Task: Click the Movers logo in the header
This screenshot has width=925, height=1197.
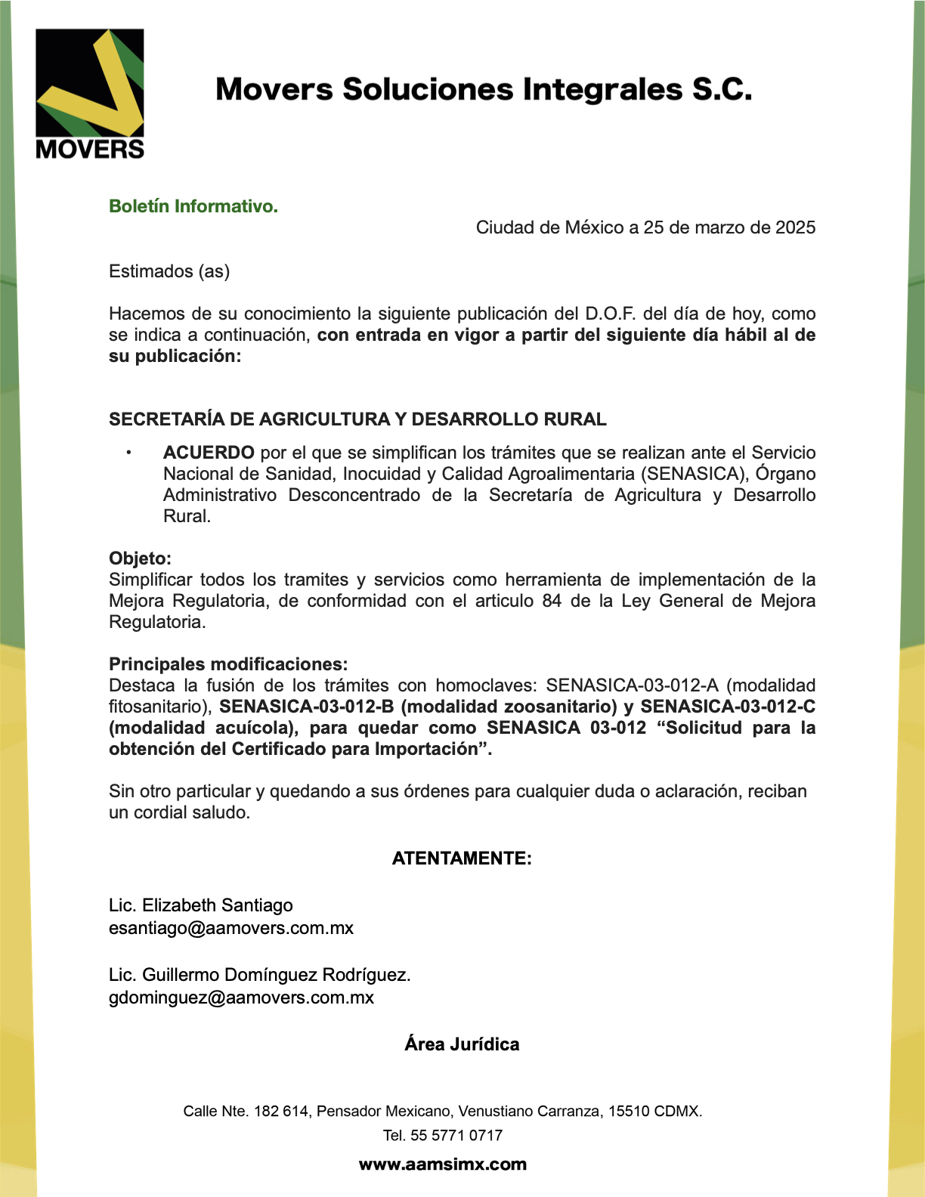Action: click(x=89, y=94)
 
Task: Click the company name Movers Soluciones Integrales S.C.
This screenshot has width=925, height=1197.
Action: click(x=484, y=89)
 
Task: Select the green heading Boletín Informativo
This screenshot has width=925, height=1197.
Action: click(x=193, y=206)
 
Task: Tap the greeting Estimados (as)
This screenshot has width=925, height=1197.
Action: click(x=169, y=271)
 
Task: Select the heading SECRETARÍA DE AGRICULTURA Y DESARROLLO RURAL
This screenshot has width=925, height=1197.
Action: click(x=357, y=419)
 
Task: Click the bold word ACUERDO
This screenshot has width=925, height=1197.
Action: click(x=209, y=453)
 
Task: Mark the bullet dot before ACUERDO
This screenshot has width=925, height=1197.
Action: click(x=128, y=453)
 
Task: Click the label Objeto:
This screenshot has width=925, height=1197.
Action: click(x=140, y=558)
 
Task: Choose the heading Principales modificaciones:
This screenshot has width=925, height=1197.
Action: click(x=228, y=664)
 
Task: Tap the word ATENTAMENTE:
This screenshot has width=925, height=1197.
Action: click(x=462, y=858)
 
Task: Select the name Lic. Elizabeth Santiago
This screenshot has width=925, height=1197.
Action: click(x=201, y=905)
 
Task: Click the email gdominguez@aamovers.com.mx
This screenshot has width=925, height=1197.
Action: click(x=241, y=998)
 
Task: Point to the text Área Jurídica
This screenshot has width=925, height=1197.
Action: click(x=462, y=1044)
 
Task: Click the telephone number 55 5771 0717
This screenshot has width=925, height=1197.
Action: click(x=456, y=1135)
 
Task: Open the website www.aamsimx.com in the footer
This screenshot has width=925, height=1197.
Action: click(x=443, y=1165)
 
